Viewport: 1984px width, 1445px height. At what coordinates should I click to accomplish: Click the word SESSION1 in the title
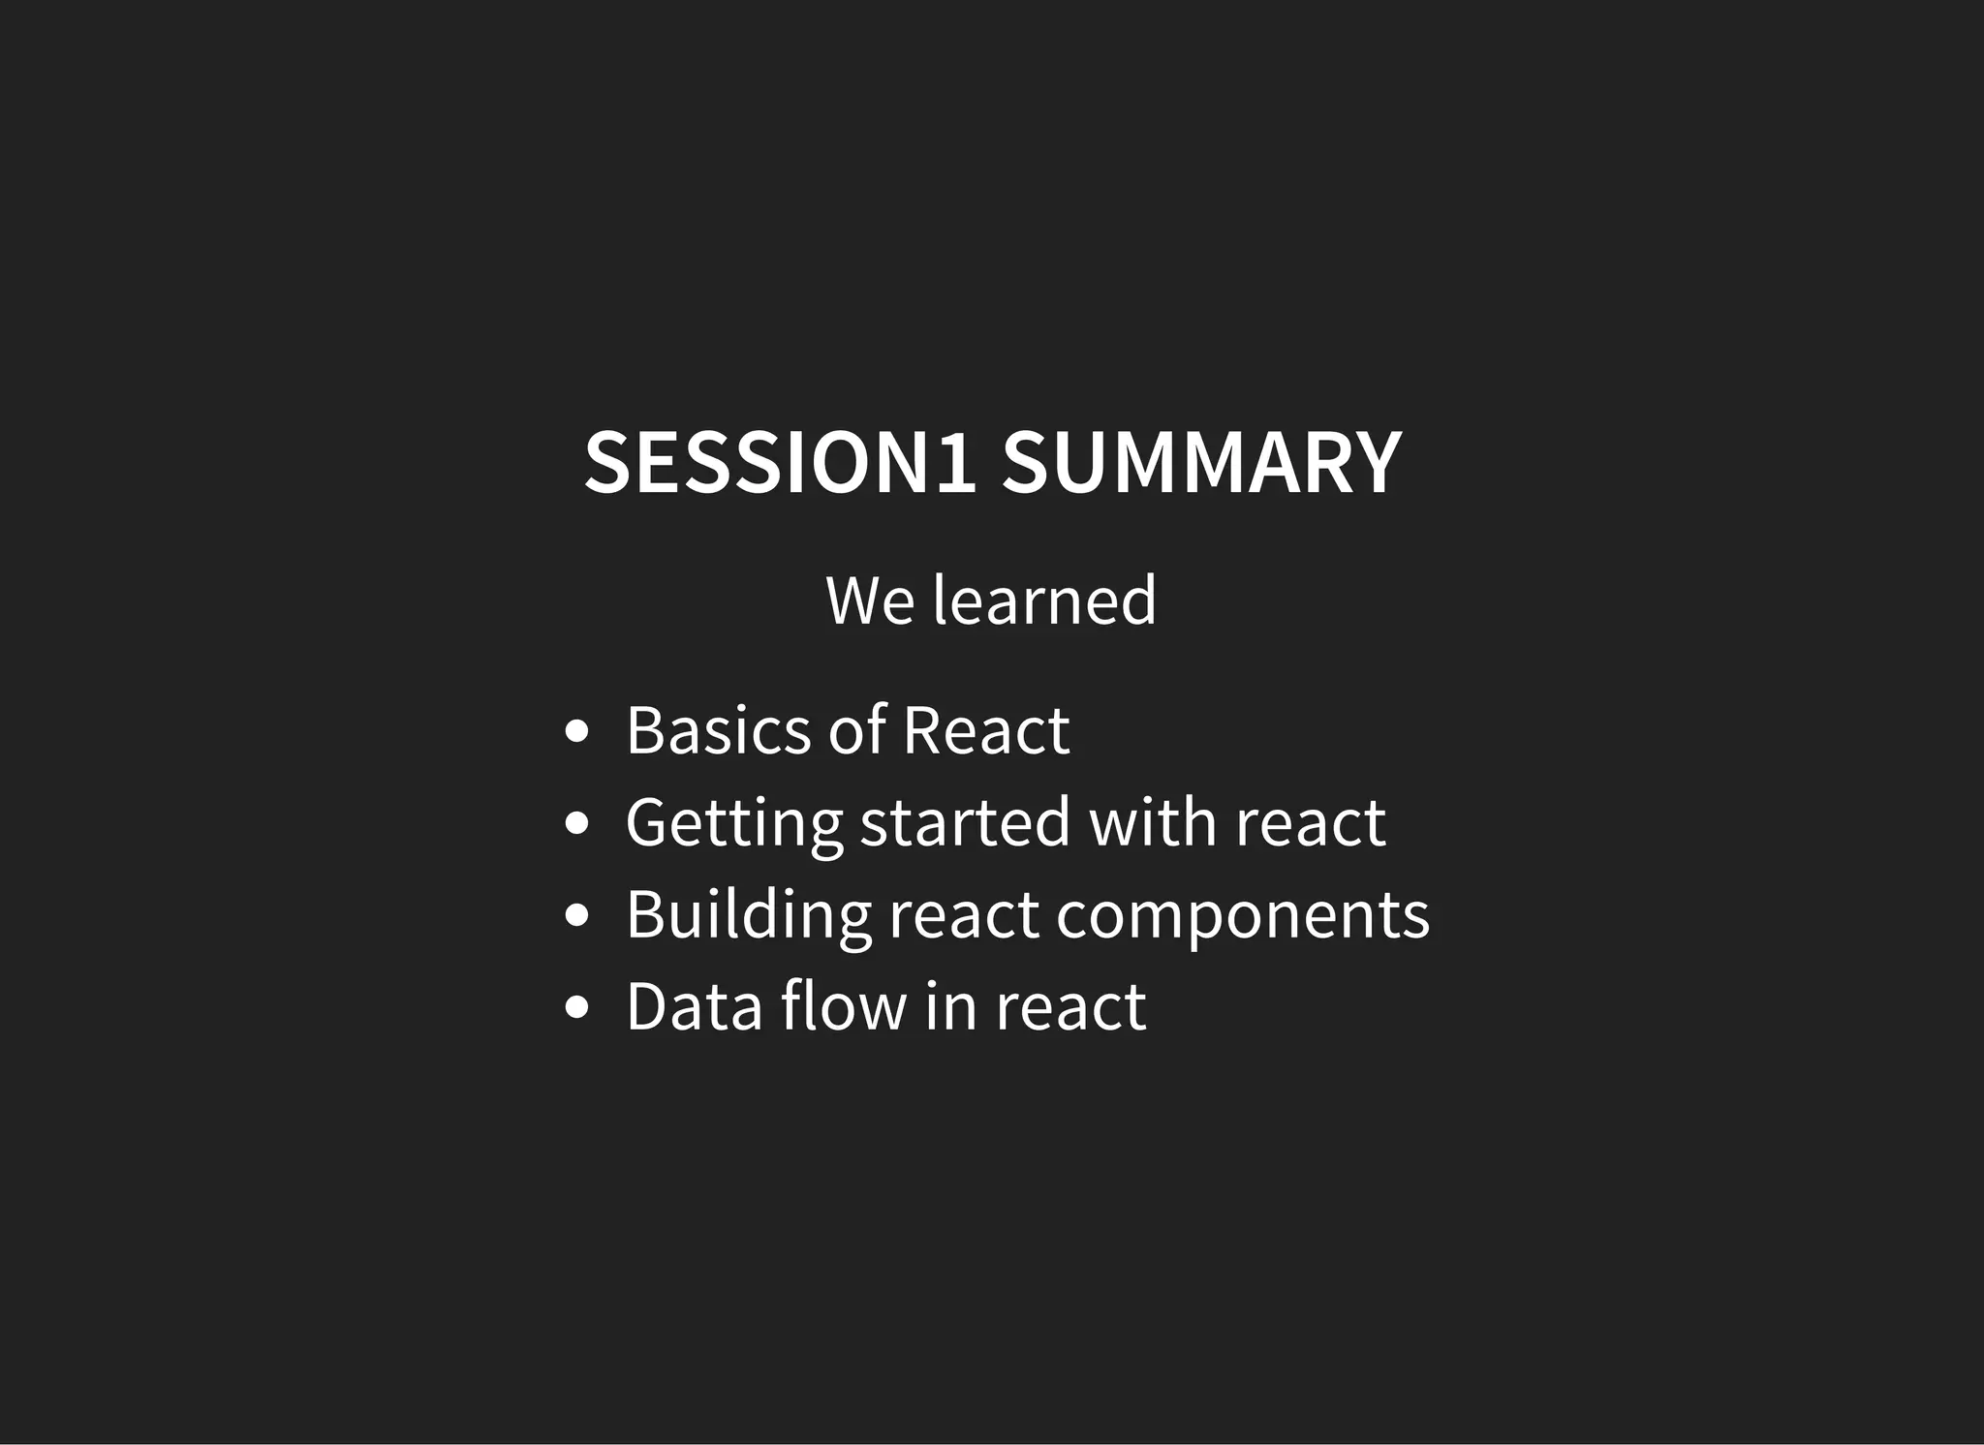pyautogui.click(x=780, y=463)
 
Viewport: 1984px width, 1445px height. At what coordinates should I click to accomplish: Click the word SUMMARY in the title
pyautogui.click(x=1201, y=463)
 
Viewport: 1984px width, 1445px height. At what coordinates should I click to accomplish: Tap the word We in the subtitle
pyautogui.click(x=870, y=600)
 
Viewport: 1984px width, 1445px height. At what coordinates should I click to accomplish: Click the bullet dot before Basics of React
pyautogui.click(x=576, y=731)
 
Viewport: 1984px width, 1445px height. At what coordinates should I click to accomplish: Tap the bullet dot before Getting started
pyautogui.click(x=576, y=823)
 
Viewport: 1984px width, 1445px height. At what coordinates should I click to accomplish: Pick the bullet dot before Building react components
pyautogui.click(x=576, y=915)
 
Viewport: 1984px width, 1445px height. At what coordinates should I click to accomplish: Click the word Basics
pyautogui.click(x=718, y=730)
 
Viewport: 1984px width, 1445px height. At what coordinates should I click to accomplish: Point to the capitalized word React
pyautogui.click(x=985, y=730)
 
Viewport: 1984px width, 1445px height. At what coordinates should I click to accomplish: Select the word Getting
pyautogui.click(x=733, y=824)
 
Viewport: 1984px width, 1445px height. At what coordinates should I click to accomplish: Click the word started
pyautogui.click(x=965, y=822)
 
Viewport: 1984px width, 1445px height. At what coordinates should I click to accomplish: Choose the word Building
pyautogui.click(x=748, y=915)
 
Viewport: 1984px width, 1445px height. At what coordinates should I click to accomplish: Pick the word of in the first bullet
pyautogui.click(x=857, y=730)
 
